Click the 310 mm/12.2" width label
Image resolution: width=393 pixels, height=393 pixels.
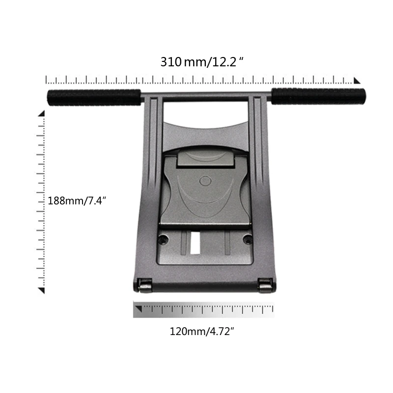click(x=202, y=62)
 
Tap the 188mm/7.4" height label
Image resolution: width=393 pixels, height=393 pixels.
click(x=77, y=200)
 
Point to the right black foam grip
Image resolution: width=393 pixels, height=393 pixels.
click(x=318, y=96)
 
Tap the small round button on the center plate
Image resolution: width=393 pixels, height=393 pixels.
click(x=206, y=181)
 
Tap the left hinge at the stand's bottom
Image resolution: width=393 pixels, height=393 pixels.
click(x=144, y=285)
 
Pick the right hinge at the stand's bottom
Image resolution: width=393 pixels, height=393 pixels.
click(x=265, y=285)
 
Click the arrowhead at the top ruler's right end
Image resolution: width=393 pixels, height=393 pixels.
click(x=357, y=81)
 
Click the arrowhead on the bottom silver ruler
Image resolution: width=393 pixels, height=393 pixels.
click(x=139, y=309)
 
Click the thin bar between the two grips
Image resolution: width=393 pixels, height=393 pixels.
click(x=206, y=95)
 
